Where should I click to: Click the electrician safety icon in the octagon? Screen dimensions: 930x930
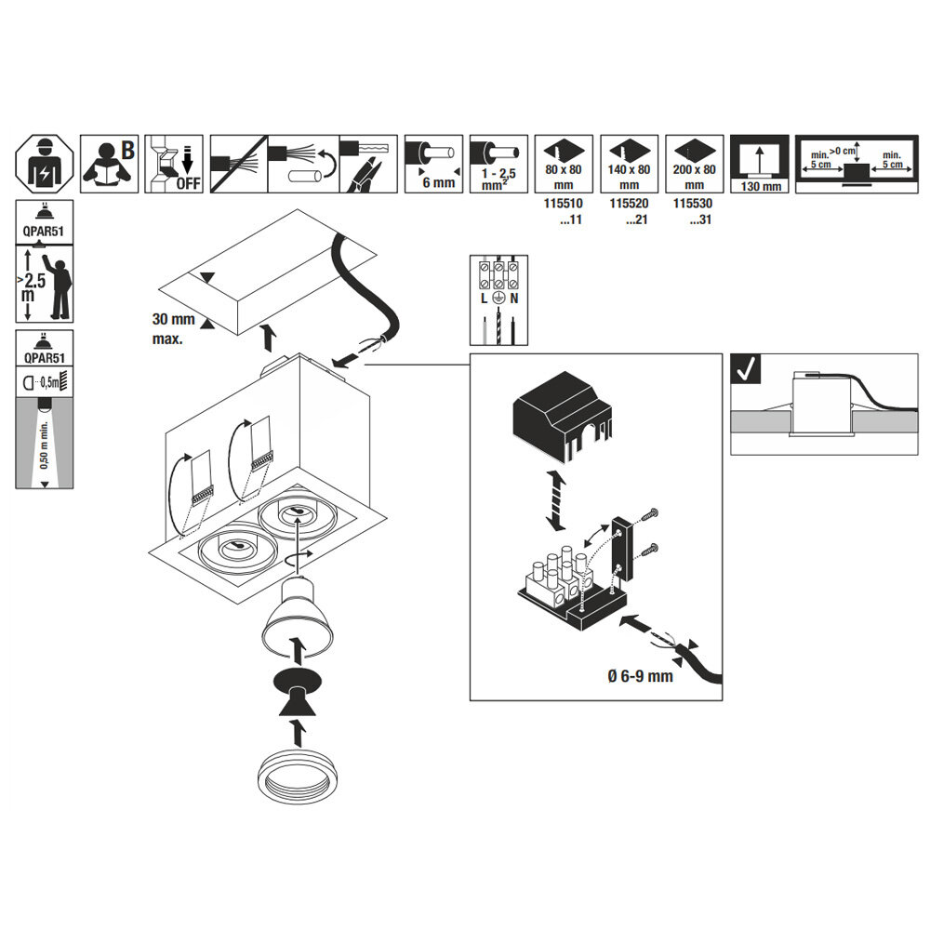tap(45, 164)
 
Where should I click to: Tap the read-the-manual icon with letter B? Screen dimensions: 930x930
tap(109, 164)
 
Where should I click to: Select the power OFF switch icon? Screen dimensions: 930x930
tap(174, 164)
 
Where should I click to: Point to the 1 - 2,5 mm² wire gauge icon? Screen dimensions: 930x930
tap(498, 164)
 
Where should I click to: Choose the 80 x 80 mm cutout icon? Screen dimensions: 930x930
tap(564, 164)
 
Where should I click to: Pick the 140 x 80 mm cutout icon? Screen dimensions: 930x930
tap(630, 164)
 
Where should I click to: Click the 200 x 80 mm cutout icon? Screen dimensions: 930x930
tap(695, 164)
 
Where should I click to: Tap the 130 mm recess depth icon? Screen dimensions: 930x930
tap(760, 164)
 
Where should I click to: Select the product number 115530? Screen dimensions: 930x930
tap(693, 204)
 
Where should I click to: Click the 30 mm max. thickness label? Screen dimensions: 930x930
tap(173, 329)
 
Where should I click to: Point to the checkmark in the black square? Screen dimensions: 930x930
tap(746, 369)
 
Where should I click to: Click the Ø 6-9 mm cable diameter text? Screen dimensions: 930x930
tap(641, 676)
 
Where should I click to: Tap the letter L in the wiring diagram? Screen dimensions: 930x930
tap(484, 299)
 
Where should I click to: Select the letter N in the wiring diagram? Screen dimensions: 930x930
tap(514, 299)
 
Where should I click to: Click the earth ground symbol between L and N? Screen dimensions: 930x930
tap(498, 299)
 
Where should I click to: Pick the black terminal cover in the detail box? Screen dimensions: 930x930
tap(562, 417)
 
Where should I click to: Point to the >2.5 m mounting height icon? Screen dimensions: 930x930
tap(45, 284)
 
